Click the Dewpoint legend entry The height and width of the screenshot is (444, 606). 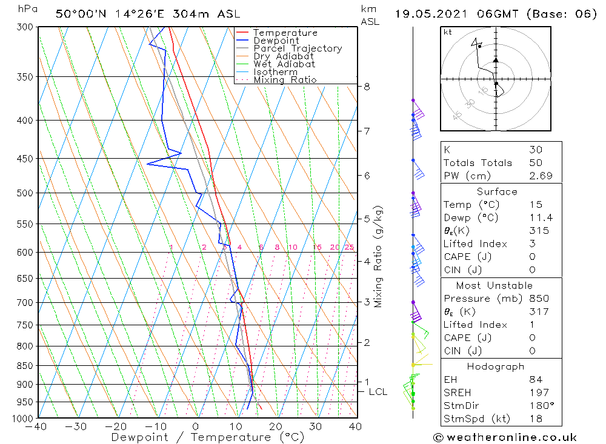pyautogui.click(x=276, y=41)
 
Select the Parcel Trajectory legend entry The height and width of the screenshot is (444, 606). pyautogui.click(x=298, y=48)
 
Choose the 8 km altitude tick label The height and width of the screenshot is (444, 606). pyautogui.click(x=367, y=87)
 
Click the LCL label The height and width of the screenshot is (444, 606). pyautogui.click(x=378, y=392)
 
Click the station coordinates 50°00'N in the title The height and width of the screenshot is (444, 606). pyautogui.click(x=78, y=14)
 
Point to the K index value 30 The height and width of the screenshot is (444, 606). pyautogui.click(x=536, y=150)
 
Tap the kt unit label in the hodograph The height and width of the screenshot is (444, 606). pyautogui.click(x=447, y=32)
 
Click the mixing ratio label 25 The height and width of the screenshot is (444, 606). pyautogui.click(x=349, y=247)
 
